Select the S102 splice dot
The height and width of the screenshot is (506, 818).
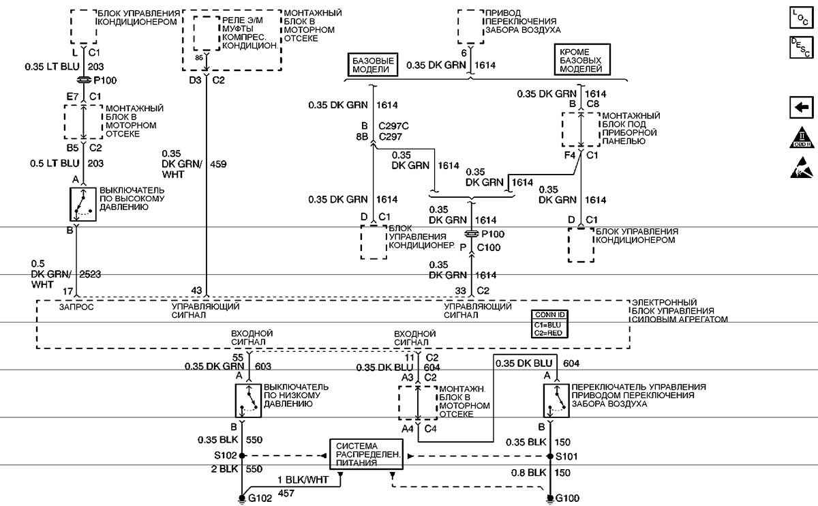point(241,455)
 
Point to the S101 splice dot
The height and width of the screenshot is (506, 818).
point(550,455)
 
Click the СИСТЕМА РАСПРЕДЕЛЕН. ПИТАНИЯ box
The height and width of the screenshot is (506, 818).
point(365,453)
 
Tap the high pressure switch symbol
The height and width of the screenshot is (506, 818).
point(82,203)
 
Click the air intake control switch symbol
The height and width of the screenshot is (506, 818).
point(555,400)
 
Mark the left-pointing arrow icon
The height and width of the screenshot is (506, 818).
point(802,107)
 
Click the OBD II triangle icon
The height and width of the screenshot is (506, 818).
point(802,137)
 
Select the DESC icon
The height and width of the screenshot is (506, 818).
point(802,48)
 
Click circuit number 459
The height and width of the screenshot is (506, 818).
point(219,164)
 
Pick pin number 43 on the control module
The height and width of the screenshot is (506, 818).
point(196,291)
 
